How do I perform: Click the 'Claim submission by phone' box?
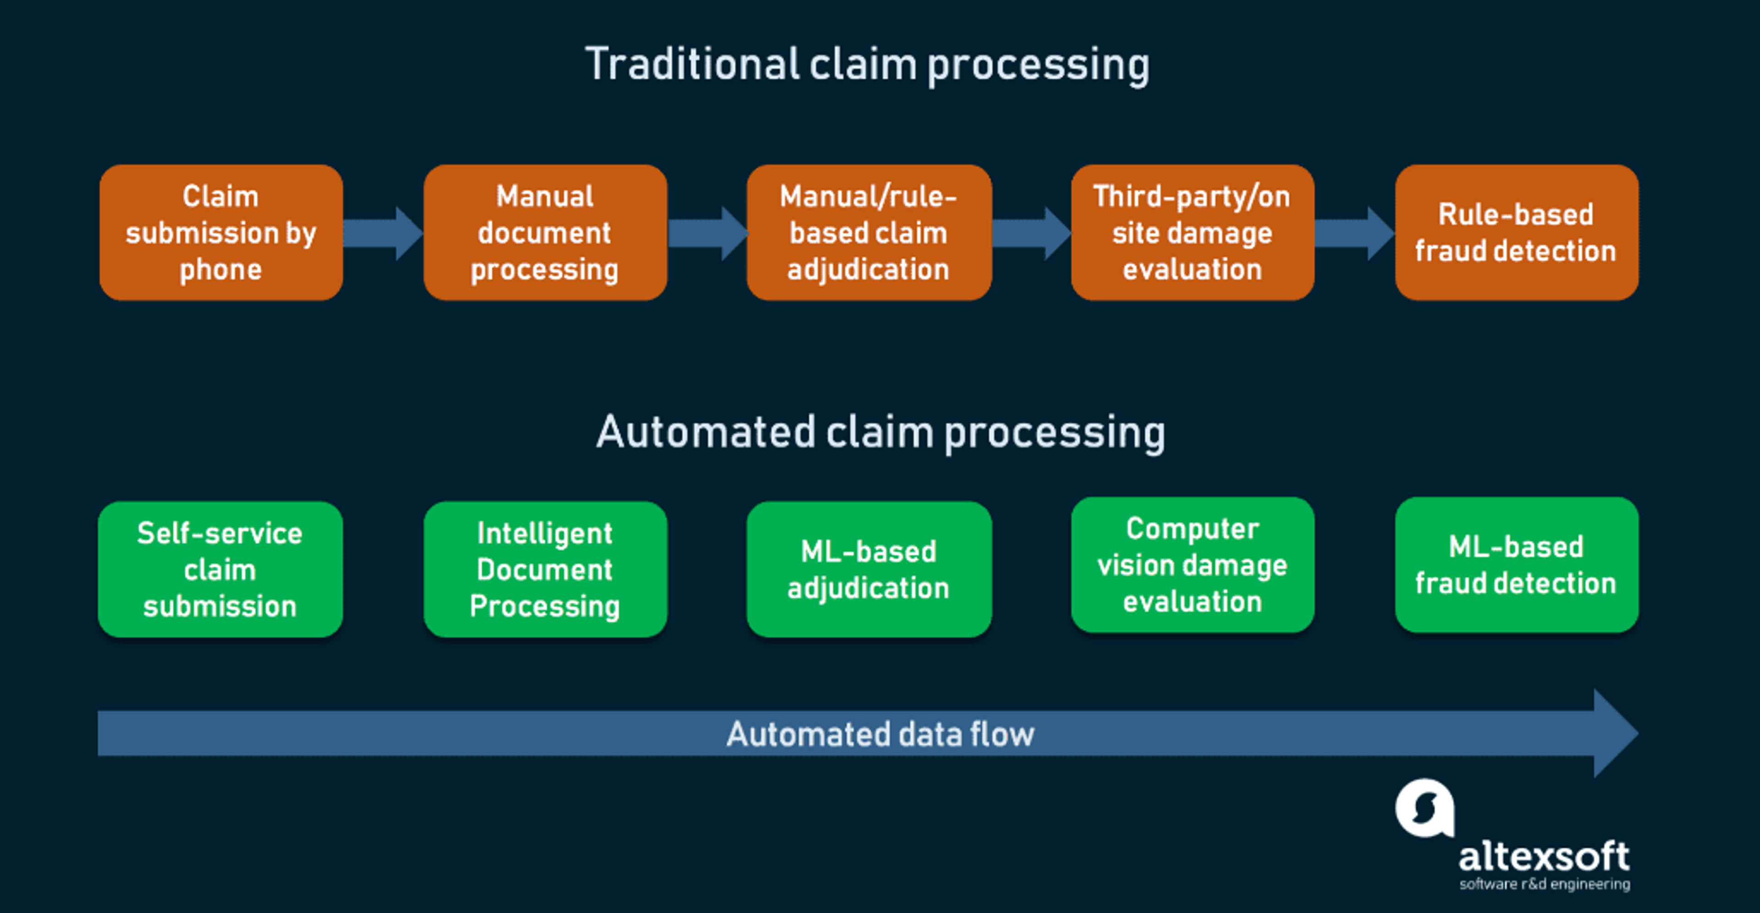coord(220,232)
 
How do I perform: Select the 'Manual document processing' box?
coord(544,232)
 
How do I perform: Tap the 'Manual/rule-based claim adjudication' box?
coord(869,232)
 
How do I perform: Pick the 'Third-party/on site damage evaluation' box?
coord(1192,232)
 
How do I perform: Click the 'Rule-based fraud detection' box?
coord(1516,232)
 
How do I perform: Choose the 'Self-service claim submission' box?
coord(220,569)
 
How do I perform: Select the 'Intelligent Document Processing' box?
coord(544,569)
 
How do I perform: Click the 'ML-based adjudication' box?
coord(869,569)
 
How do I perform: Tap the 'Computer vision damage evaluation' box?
coord(1192,565)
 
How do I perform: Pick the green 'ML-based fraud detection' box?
coord(1516,565)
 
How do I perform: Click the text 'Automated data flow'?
coord(880,734)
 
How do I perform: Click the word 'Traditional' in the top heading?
coord(692,64)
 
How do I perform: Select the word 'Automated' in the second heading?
coord(706,432)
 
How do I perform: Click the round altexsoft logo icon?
coord(1424,808)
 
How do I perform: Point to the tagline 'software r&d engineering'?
coord(1544,884)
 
